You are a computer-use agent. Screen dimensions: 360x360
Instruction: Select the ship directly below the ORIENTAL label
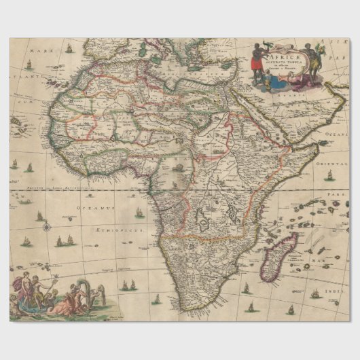[x=329, y=175]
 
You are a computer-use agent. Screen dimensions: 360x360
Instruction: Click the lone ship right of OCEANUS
[x=140, y=213]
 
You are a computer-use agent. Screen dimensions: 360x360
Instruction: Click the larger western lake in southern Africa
[x=202, y=219]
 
